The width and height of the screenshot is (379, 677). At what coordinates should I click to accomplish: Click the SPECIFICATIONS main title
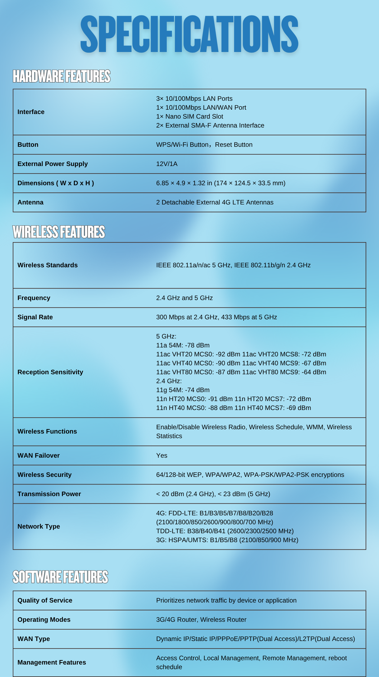click(190, 34)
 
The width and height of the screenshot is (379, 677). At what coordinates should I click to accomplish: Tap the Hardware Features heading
click(61, 76)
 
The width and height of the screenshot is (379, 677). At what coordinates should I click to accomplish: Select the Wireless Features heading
click(59, 232)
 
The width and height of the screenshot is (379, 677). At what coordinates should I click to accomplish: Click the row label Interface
click(31, 112)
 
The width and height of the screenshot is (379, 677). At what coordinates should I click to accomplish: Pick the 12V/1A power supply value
click(167, 164)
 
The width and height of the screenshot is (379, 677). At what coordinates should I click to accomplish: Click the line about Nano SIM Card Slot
click(190, 116)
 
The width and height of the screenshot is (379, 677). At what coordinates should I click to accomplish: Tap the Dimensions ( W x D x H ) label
click(56, 183)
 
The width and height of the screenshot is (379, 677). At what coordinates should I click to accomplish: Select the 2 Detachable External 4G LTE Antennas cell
click(215, 202)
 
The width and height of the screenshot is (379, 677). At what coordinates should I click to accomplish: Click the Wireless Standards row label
click(48, 265)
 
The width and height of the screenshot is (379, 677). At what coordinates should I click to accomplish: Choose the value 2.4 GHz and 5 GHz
click(184, 298)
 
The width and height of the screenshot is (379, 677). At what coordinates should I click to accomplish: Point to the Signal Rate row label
click(35, 317)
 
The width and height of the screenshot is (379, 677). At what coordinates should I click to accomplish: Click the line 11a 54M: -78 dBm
click(183, 345)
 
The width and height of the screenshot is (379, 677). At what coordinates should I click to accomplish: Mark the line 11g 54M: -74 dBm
click(183, 390)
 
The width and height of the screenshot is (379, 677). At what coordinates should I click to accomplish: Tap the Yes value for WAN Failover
click(162, 455)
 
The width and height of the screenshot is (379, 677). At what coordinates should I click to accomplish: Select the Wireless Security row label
click(45, 475)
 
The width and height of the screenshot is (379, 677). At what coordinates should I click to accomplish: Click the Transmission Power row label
click(49, 494)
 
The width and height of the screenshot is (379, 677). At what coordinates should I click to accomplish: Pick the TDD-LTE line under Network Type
click(225, 531)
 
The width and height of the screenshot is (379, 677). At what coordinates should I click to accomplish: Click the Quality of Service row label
click(45, 600)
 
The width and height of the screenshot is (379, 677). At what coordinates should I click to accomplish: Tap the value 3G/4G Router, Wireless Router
click(201, 620)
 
